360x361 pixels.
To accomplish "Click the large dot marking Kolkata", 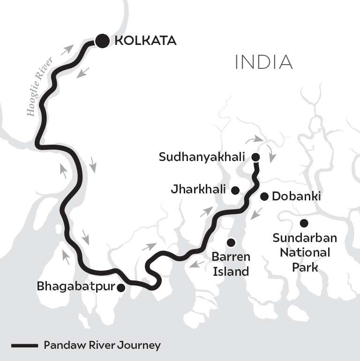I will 102,41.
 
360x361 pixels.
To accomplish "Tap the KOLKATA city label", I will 145,41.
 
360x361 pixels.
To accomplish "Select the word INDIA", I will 263,63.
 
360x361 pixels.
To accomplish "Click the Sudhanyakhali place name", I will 202,157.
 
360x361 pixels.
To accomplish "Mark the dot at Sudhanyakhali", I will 255,157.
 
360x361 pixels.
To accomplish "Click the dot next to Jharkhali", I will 235,190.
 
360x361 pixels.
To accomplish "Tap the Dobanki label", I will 296,197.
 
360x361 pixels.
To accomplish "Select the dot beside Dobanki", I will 264,196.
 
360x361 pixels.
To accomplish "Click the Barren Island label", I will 231,264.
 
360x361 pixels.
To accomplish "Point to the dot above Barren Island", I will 231,242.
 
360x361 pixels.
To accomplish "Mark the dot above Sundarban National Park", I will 304,223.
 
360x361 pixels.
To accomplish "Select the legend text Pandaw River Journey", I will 102,346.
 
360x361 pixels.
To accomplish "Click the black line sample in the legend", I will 24,346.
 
